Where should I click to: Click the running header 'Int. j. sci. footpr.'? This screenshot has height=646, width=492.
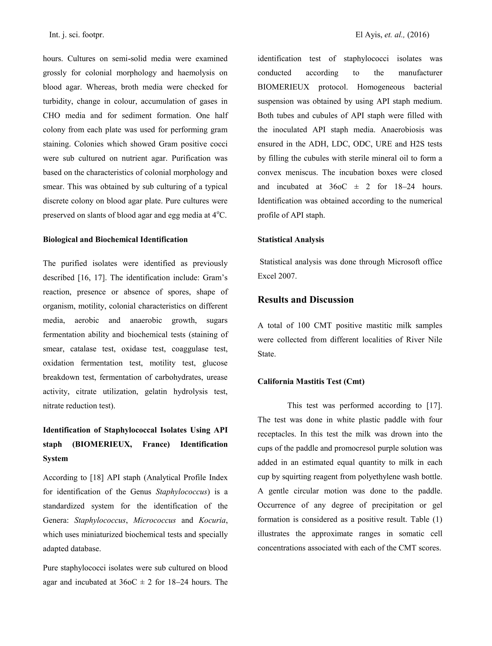click(76, 35)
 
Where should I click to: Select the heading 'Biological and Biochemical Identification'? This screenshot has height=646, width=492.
click(115, 239)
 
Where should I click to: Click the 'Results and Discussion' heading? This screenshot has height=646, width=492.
click(305, 300)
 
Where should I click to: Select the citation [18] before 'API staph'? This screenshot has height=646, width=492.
click(97, 477)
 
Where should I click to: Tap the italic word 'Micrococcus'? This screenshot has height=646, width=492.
click(154, 520)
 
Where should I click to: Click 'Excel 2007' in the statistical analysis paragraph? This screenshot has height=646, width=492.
click(277, 276)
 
